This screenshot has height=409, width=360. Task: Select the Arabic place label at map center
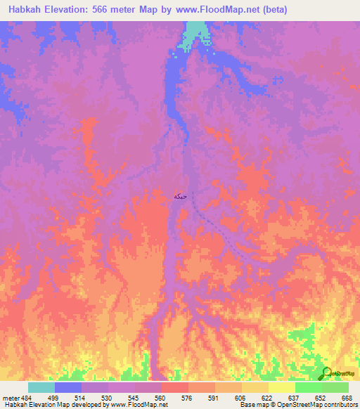coord(181,197)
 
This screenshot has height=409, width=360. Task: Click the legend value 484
coord(27,397)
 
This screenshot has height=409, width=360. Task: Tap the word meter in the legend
coord(10,397)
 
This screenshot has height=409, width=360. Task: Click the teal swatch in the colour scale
coord(41,387)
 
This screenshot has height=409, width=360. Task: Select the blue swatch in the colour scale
coord(68,387)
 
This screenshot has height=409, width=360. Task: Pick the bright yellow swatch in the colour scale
coord(282,387)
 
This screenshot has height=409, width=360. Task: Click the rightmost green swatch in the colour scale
coord(335,387)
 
